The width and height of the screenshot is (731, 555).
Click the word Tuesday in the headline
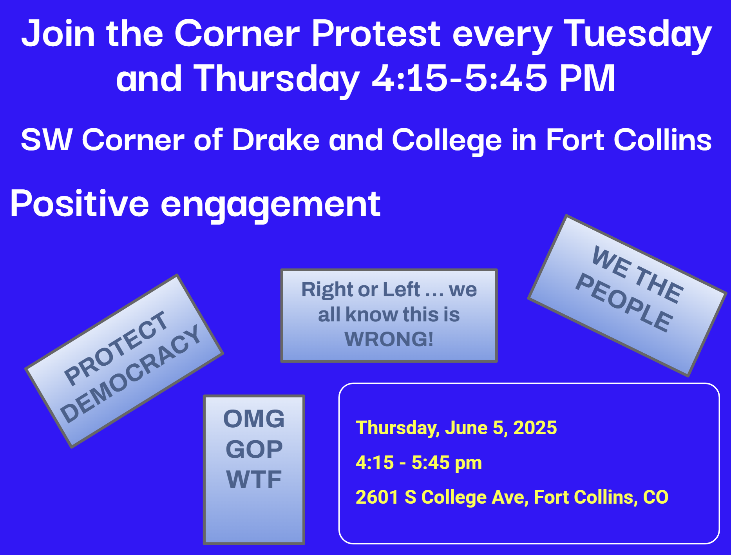click(637, 34)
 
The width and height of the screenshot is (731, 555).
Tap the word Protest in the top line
click(376, 33)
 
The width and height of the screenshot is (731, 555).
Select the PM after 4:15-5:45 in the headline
click(587, 78)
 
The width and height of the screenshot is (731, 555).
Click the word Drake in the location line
click(276, 140)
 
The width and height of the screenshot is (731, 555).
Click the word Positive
click(80, 203)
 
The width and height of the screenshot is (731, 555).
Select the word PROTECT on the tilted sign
click(116, 347)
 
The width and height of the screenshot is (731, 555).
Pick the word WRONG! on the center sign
click(389, 339)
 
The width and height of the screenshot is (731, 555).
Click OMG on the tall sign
click(254, 419)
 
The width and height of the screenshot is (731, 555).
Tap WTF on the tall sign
click(254, 479)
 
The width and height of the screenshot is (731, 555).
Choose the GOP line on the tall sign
click(254, 449)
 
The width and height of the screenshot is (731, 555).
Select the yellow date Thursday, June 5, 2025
click(456, 428)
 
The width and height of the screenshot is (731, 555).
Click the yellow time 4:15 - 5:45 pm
click(418, 462)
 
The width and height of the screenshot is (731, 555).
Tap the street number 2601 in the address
click(377, 497)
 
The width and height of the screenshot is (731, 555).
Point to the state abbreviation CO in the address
click(656, 497)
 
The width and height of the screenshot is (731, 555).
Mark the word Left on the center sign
click(401, 290)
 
